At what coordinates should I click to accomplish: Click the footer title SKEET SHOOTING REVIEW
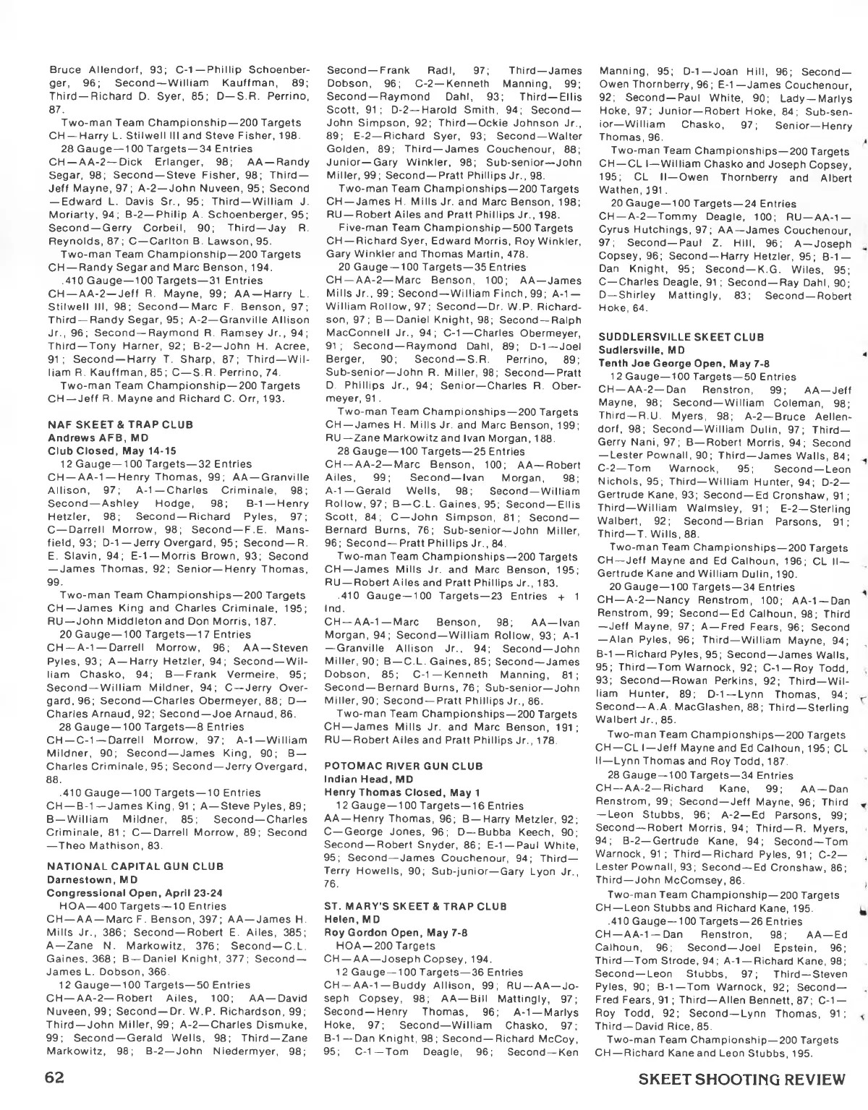(741, 1080)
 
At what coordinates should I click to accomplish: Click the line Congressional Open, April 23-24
(126, 893)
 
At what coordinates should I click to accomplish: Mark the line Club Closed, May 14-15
(102, 451)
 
